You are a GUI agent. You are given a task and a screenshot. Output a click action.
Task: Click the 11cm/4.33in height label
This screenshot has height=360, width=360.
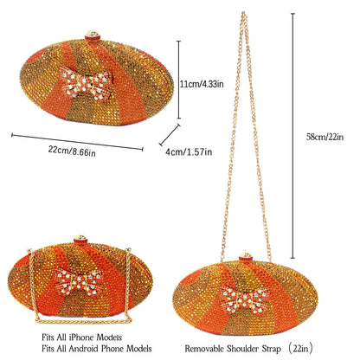pyautogui.click(x=202, y=84)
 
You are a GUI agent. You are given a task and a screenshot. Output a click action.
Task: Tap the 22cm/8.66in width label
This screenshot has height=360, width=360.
pyautogui.click(x=72, y=151)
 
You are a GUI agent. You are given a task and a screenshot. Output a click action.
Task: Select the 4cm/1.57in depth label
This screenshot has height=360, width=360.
pyautogui.click(x=189, y=152)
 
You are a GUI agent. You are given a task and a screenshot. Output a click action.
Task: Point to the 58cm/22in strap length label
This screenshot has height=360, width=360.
pyautogui.click(x=325, y=137)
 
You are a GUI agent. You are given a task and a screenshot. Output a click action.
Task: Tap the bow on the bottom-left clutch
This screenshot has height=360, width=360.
pyautogui.click(x=79, y=280)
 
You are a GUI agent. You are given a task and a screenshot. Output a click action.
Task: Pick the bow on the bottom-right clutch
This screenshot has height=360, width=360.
pyautogui.click(x=245, y=299)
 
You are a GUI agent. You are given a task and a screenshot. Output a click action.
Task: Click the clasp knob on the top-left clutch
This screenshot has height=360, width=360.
pyautogui.click(x=93, y=35)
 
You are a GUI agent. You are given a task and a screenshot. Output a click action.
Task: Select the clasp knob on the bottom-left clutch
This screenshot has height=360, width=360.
pyautogui.click(x=80, y=239)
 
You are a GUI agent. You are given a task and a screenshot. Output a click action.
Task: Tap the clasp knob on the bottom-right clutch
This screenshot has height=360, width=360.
pyautogui.click(x=246, y=257)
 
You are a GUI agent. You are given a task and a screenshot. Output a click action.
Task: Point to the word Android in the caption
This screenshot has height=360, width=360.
pyautogui.click(x=83, y=348)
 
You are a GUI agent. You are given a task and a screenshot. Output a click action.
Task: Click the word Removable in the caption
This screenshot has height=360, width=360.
pyautogui.click(x=204, y=349)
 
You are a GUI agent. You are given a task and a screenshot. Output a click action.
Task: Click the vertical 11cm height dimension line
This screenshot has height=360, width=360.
pyautogui.click(x=179, y=80)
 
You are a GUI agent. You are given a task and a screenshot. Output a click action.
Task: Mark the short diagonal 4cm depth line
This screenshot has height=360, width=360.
pyautogui.click(x=170, y=135)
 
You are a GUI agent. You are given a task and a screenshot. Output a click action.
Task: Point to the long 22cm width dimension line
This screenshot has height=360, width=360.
pyautogui.click(x=77, y=142)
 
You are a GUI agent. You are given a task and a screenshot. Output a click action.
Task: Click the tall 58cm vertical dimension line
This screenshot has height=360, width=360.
pyautogui.click(x=293, y=136)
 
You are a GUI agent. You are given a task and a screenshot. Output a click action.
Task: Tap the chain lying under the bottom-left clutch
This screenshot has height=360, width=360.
pyautogui.click(x=84, y=320)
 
